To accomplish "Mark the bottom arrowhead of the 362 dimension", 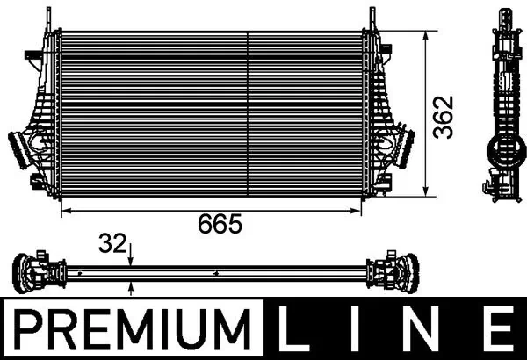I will (x=427, y=191).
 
